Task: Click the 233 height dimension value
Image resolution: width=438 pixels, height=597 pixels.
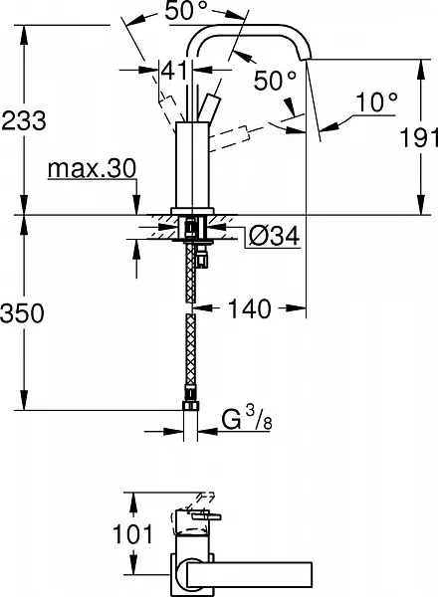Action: click(24, 120)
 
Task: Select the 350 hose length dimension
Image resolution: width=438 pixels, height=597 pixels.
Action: click(22, 313)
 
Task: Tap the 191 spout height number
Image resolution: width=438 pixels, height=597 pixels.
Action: click(418, 137)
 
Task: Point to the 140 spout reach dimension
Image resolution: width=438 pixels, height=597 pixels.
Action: click(250, 308)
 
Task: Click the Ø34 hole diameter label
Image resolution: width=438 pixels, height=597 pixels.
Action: click(274, 237)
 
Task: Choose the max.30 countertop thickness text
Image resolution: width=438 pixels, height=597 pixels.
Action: click(92, 168)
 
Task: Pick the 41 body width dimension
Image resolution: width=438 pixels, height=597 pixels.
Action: click(174, 70)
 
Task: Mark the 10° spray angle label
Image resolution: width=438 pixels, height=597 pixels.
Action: click(376, 102)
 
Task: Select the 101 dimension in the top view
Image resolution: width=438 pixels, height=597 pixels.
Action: click(132, 533)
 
